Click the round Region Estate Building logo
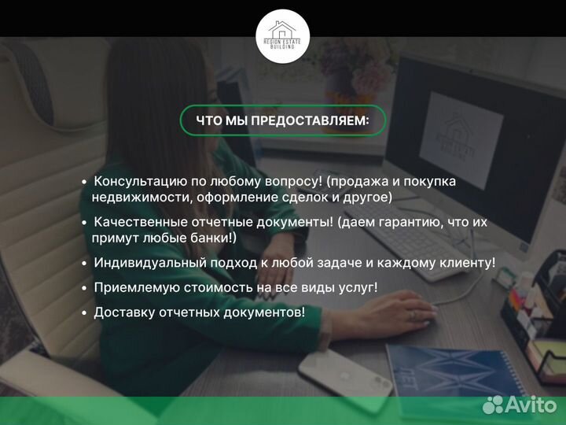tap(283, 36)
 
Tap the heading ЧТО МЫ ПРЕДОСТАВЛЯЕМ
tap(282, 120)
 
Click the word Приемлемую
tap(130, 287)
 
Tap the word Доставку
tap(122, 312)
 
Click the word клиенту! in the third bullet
tap(468, 262)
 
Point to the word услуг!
tap(357, 287)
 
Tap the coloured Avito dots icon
tap(493, 405)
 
